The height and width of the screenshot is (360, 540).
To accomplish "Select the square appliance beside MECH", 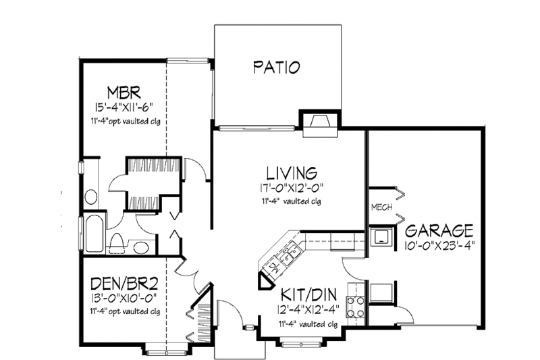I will point(382,236).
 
